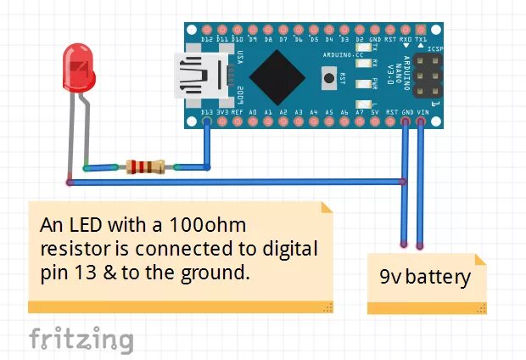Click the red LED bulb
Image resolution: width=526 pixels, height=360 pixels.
pos(77,67)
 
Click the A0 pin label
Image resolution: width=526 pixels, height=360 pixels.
pos(253,112)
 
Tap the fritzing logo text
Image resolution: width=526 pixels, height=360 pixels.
pos(81,339)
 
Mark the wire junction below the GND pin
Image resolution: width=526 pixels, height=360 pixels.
pos(404,181)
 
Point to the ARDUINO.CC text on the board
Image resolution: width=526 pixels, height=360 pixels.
pos(344,53)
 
